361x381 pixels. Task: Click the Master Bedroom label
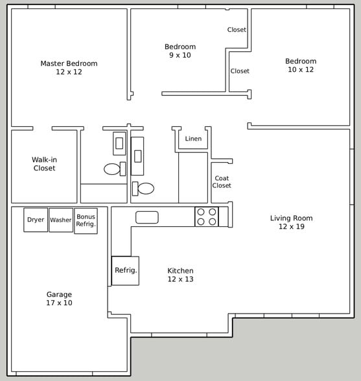(x=69, y=63)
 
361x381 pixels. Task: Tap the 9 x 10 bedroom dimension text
(x=180, y=56)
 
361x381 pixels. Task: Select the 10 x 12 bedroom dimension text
(x=301, y=70)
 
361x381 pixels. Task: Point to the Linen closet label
(x=193, y=139)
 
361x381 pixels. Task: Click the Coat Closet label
(x=222, y=182)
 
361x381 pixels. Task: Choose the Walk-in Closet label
(x=44, y=164)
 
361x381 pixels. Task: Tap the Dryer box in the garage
(x=36, y=220)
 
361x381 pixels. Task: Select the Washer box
(x=61, y=220)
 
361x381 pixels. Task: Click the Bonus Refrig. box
(x=86, y=221)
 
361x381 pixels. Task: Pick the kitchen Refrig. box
(x=125, y=270)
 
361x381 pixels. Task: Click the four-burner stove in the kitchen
(x=207, y=216)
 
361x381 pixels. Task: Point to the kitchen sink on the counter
(x=147, y=218)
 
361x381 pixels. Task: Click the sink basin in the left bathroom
(x=119, y=143)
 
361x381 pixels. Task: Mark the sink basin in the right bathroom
(x=137, y=156)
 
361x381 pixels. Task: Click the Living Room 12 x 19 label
(x=291, y=222)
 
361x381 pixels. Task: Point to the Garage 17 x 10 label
(x=59, y=299)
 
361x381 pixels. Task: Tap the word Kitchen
(x=180, y=271)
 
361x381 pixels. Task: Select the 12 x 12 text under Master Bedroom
(x=69, y=72)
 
